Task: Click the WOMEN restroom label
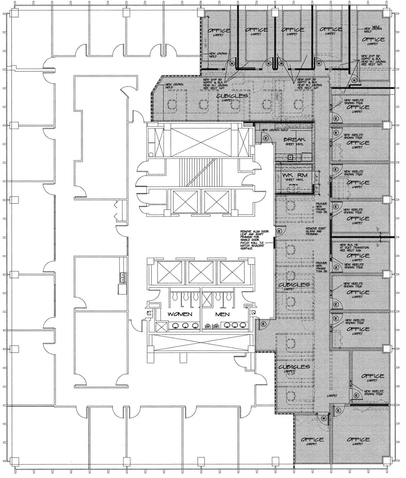pos(180,314)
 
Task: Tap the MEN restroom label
pos(222,314)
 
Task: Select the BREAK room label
pos(294,139)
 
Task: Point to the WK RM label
pos(293,175)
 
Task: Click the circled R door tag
pos(324,418)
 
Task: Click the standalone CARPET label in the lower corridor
pos(332,396)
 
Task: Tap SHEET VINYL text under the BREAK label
pos(294,144)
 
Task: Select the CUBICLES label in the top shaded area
pos(232,96)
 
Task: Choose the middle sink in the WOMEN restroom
pos(185,325)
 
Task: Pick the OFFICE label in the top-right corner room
pos(373,39)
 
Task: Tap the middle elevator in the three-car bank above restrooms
pos(201,272)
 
